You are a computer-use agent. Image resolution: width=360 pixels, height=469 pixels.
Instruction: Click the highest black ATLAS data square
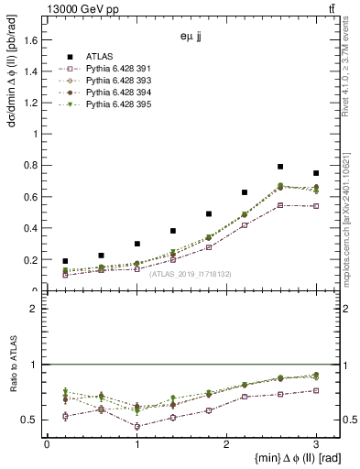pyautogui.click(x=280, y=167)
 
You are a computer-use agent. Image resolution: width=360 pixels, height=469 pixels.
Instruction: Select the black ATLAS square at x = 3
pyautogui.click(x=316, y=173)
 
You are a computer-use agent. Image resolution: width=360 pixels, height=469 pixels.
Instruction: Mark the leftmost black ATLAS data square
pyautogui.click(x=65, y=261)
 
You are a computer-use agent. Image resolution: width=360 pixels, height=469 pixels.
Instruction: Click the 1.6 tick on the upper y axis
pyautogui.click(x=34, y=38)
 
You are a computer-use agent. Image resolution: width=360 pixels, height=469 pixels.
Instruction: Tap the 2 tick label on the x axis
pyautogui.click(x=226, y=443)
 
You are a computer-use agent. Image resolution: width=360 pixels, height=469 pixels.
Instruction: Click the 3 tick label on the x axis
pyautogui.click(x=316, y=443)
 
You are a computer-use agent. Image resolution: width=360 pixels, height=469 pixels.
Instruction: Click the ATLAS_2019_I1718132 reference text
pyautogui.click(x=190, y=273)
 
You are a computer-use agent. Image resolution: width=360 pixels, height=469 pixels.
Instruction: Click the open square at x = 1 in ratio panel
pyautogui.click(x=136, y=426)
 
